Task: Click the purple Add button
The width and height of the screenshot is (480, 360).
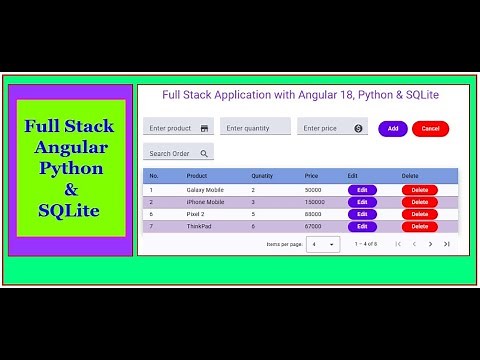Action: tap(392, 129)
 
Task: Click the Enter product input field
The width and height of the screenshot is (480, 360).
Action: tap(177, 128)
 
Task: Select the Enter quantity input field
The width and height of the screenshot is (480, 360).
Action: tap(255, 128)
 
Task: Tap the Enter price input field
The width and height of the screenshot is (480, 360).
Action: tap(331, 128)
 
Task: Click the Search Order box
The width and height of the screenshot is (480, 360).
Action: tap(177, 154)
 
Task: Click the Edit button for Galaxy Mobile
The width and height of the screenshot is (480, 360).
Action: tap(362, 189)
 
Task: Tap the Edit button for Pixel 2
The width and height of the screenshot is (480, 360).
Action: tap(362, 214)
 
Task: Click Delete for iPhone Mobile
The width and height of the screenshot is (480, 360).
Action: tap(419, 201)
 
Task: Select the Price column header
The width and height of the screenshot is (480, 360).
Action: tap(312, 176)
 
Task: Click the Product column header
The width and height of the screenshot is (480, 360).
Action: tap(196, 176)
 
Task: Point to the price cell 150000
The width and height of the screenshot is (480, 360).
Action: tap(315, 201)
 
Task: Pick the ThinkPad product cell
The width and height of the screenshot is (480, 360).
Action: tap(200, 226)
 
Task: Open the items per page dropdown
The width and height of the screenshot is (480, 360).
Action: tap(323, 244)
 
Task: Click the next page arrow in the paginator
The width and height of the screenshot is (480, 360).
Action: tap(431, 244)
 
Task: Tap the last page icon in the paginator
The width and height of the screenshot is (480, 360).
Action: tap(447, 244)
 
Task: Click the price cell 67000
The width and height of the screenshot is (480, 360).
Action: tap(313, 226)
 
